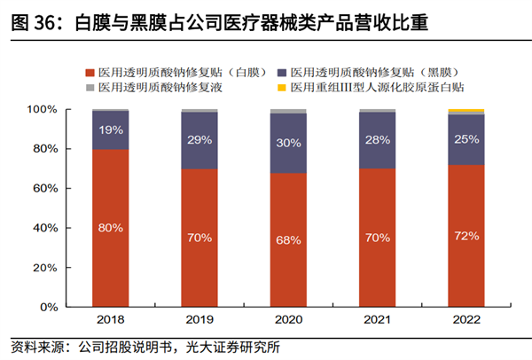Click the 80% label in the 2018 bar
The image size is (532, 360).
(111, 228)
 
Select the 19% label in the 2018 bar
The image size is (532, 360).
(111, 129)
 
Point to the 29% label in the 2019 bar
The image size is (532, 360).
(199, 141)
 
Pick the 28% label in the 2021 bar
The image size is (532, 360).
(377, 140)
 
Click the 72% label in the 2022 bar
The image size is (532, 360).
(465, 236)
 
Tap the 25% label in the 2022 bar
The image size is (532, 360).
(465, 139)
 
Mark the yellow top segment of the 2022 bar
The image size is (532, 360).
(465, 111)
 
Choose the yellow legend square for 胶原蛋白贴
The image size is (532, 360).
(281, 88)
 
